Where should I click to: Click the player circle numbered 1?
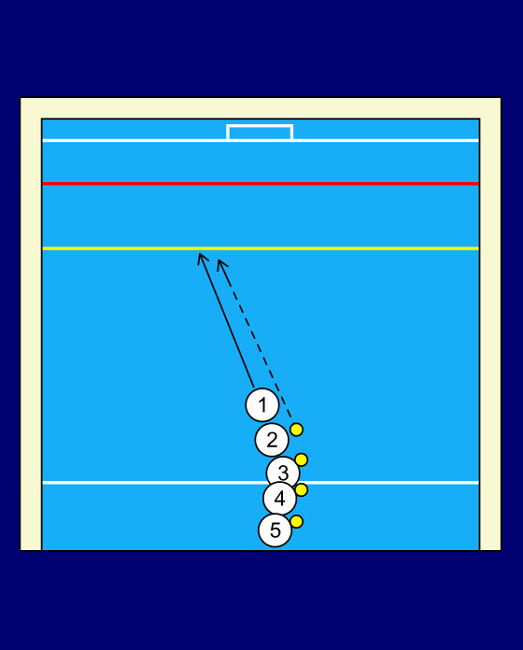tap(261, 405)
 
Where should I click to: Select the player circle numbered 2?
tap(272, 440)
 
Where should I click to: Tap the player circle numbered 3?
tap(283, 472)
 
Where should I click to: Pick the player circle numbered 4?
tap(280, 499)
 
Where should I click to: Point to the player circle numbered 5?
tap(276, 530)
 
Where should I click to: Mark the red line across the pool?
tap(261, 183)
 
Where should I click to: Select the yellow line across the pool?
tap(261, 248)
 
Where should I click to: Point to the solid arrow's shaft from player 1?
tap(226, 319)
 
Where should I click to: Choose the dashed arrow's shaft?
tap(255, 340)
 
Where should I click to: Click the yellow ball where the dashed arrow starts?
tap(296, 430)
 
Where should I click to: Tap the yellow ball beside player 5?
tap(296, 521)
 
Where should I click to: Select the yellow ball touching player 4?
tap(302, 490)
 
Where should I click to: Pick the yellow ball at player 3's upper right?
tap(302, 459)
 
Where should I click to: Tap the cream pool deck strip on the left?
tap(31, 323)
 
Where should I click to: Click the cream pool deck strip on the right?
tap(490, 323)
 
